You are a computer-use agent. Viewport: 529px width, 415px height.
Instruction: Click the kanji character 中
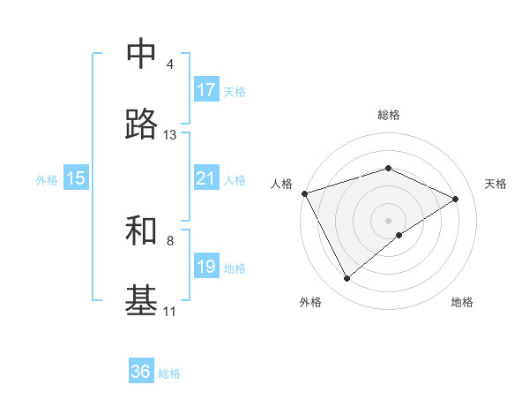[141, 55]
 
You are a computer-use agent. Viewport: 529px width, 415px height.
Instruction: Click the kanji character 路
[141, 125]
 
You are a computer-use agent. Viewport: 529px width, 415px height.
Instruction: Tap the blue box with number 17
[206, 90]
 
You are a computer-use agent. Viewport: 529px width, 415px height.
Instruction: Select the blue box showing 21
[206, 178]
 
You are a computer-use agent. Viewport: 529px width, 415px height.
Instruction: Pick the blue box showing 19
[206, 267]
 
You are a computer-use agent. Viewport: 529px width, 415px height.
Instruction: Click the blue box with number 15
[76, 178]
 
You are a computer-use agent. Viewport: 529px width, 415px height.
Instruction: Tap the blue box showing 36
[141, 372]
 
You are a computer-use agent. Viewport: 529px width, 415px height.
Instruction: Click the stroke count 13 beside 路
[170, 135]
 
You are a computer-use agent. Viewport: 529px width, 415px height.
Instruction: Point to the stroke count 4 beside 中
[170, 64]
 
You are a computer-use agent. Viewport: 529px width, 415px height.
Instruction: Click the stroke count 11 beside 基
[170, 311]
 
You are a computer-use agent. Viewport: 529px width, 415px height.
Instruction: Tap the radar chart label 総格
[389, 115]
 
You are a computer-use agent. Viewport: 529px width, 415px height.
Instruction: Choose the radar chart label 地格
[462, 302]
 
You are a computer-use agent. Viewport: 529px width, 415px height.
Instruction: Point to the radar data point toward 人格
[304, 193]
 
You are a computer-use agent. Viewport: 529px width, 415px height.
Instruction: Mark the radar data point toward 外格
[346, 279]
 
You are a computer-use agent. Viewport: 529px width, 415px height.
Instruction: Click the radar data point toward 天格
[456, 199]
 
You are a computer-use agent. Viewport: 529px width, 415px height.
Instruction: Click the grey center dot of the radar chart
[389, 221]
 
